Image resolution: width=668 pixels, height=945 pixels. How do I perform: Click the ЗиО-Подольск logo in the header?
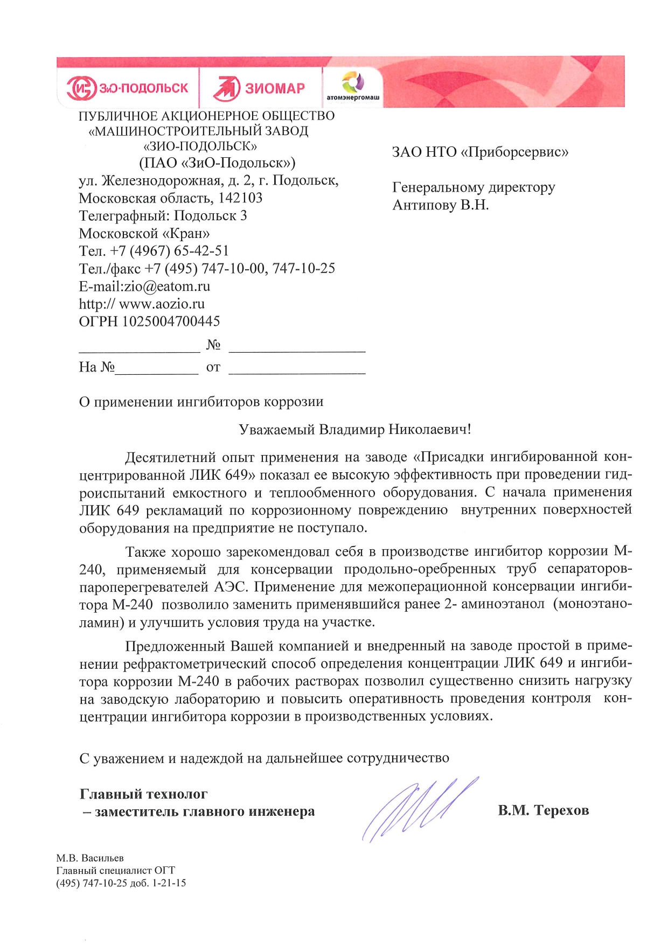[x=128, y=88]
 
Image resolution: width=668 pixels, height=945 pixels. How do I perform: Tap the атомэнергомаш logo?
[x=353, y=86]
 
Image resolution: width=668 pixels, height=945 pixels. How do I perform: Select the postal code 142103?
[x=240, y=198]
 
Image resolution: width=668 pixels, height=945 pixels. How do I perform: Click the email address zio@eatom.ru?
[x=168, y=286]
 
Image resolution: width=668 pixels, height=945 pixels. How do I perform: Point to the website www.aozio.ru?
[x=162, y=304]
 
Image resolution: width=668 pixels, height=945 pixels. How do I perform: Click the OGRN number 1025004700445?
[x=171, y=321]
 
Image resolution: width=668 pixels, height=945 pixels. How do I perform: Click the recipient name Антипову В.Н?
[x=441, y=205]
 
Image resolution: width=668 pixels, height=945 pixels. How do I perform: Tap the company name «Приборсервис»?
[x=515, y=152]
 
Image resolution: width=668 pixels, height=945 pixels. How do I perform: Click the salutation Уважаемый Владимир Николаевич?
[x=355, y=430]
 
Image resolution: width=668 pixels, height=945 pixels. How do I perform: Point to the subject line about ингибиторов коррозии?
[x=201, y=402]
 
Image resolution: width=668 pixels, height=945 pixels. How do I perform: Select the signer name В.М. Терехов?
[x=543, y=810]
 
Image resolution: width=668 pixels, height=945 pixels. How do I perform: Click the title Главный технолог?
[x=143, y=794]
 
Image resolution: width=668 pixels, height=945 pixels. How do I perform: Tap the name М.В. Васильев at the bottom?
[x=90, y=858]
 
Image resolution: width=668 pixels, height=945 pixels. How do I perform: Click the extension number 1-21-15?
[x=170, y=883]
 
